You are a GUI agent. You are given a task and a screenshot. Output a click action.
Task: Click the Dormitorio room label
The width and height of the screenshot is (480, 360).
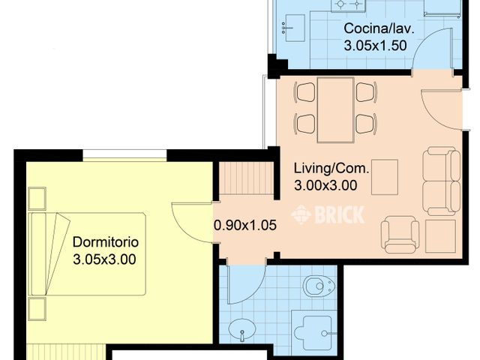[106, 242]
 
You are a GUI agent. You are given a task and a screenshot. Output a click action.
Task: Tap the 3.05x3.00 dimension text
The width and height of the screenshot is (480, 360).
[104, 259]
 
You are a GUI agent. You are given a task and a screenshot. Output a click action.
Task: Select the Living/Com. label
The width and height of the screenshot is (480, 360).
[331, 168]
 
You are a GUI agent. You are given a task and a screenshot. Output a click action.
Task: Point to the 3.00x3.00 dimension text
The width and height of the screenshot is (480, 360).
[325, 185]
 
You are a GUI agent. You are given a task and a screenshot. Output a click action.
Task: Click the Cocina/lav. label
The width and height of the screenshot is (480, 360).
[379, 28]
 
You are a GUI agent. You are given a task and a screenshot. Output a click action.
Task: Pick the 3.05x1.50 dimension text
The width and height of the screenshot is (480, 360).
[375, 46]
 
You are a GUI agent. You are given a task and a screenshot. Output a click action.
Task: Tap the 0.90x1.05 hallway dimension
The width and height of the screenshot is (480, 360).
[245, 225]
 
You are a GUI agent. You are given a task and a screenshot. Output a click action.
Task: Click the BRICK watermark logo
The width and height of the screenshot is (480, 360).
[328, 214]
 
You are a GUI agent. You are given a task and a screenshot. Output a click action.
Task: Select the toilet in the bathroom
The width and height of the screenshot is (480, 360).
[319, 286]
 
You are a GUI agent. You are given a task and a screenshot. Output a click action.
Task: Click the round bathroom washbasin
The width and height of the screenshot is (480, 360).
[242, 330]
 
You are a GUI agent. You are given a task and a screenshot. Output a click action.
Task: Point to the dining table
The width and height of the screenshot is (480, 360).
[335, 110]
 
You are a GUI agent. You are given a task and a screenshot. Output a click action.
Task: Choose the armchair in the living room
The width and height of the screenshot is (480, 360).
[400, 235]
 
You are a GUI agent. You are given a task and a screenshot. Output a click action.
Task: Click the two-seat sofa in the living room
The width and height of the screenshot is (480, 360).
[442, 181]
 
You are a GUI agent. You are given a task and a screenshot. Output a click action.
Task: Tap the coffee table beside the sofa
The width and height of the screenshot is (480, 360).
[385, 177]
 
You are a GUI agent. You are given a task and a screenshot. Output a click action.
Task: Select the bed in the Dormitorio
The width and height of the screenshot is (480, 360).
[87, 254]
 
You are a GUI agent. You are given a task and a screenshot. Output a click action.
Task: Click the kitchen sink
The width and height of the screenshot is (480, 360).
[293, 28]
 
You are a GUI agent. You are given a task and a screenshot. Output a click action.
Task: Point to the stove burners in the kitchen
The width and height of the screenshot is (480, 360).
[348, 4]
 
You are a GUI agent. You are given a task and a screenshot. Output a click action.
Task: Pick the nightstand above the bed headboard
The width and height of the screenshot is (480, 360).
[37, 198]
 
